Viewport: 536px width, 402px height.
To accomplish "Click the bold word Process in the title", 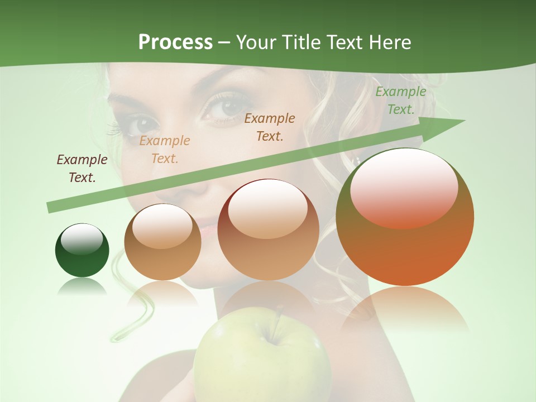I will point(175,42).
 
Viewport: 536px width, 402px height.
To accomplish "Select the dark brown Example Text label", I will point(82,169).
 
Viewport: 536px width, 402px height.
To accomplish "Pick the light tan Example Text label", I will point(165,150).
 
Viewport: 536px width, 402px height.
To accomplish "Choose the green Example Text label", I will point(400,100).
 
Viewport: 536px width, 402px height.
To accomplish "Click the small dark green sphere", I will point(82,250).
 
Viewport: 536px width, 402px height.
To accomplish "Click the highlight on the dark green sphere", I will point(82,239).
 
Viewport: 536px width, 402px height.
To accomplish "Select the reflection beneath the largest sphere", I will point(405,310).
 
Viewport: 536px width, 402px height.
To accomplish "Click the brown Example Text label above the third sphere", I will point(270,127).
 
